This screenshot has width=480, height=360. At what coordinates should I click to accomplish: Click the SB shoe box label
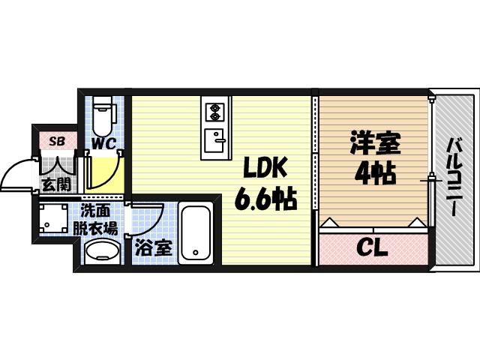(56, 140)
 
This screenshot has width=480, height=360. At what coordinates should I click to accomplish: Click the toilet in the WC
(103, 112)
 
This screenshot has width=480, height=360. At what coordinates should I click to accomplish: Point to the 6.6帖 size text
(265, 199)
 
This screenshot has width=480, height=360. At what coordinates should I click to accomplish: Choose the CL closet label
(370, 247)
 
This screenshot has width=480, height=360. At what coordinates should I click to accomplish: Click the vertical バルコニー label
(455, 177)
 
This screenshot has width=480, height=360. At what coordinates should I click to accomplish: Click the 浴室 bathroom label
(154, 247)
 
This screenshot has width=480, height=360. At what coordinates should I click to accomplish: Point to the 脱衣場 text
(95, 229)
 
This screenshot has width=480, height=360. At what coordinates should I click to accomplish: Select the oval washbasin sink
(100, 251)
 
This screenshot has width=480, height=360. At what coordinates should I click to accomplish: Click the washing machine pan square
(53, 218)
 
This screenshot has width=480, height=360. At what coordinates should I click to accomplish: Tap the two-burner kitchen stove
(216, 112)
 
